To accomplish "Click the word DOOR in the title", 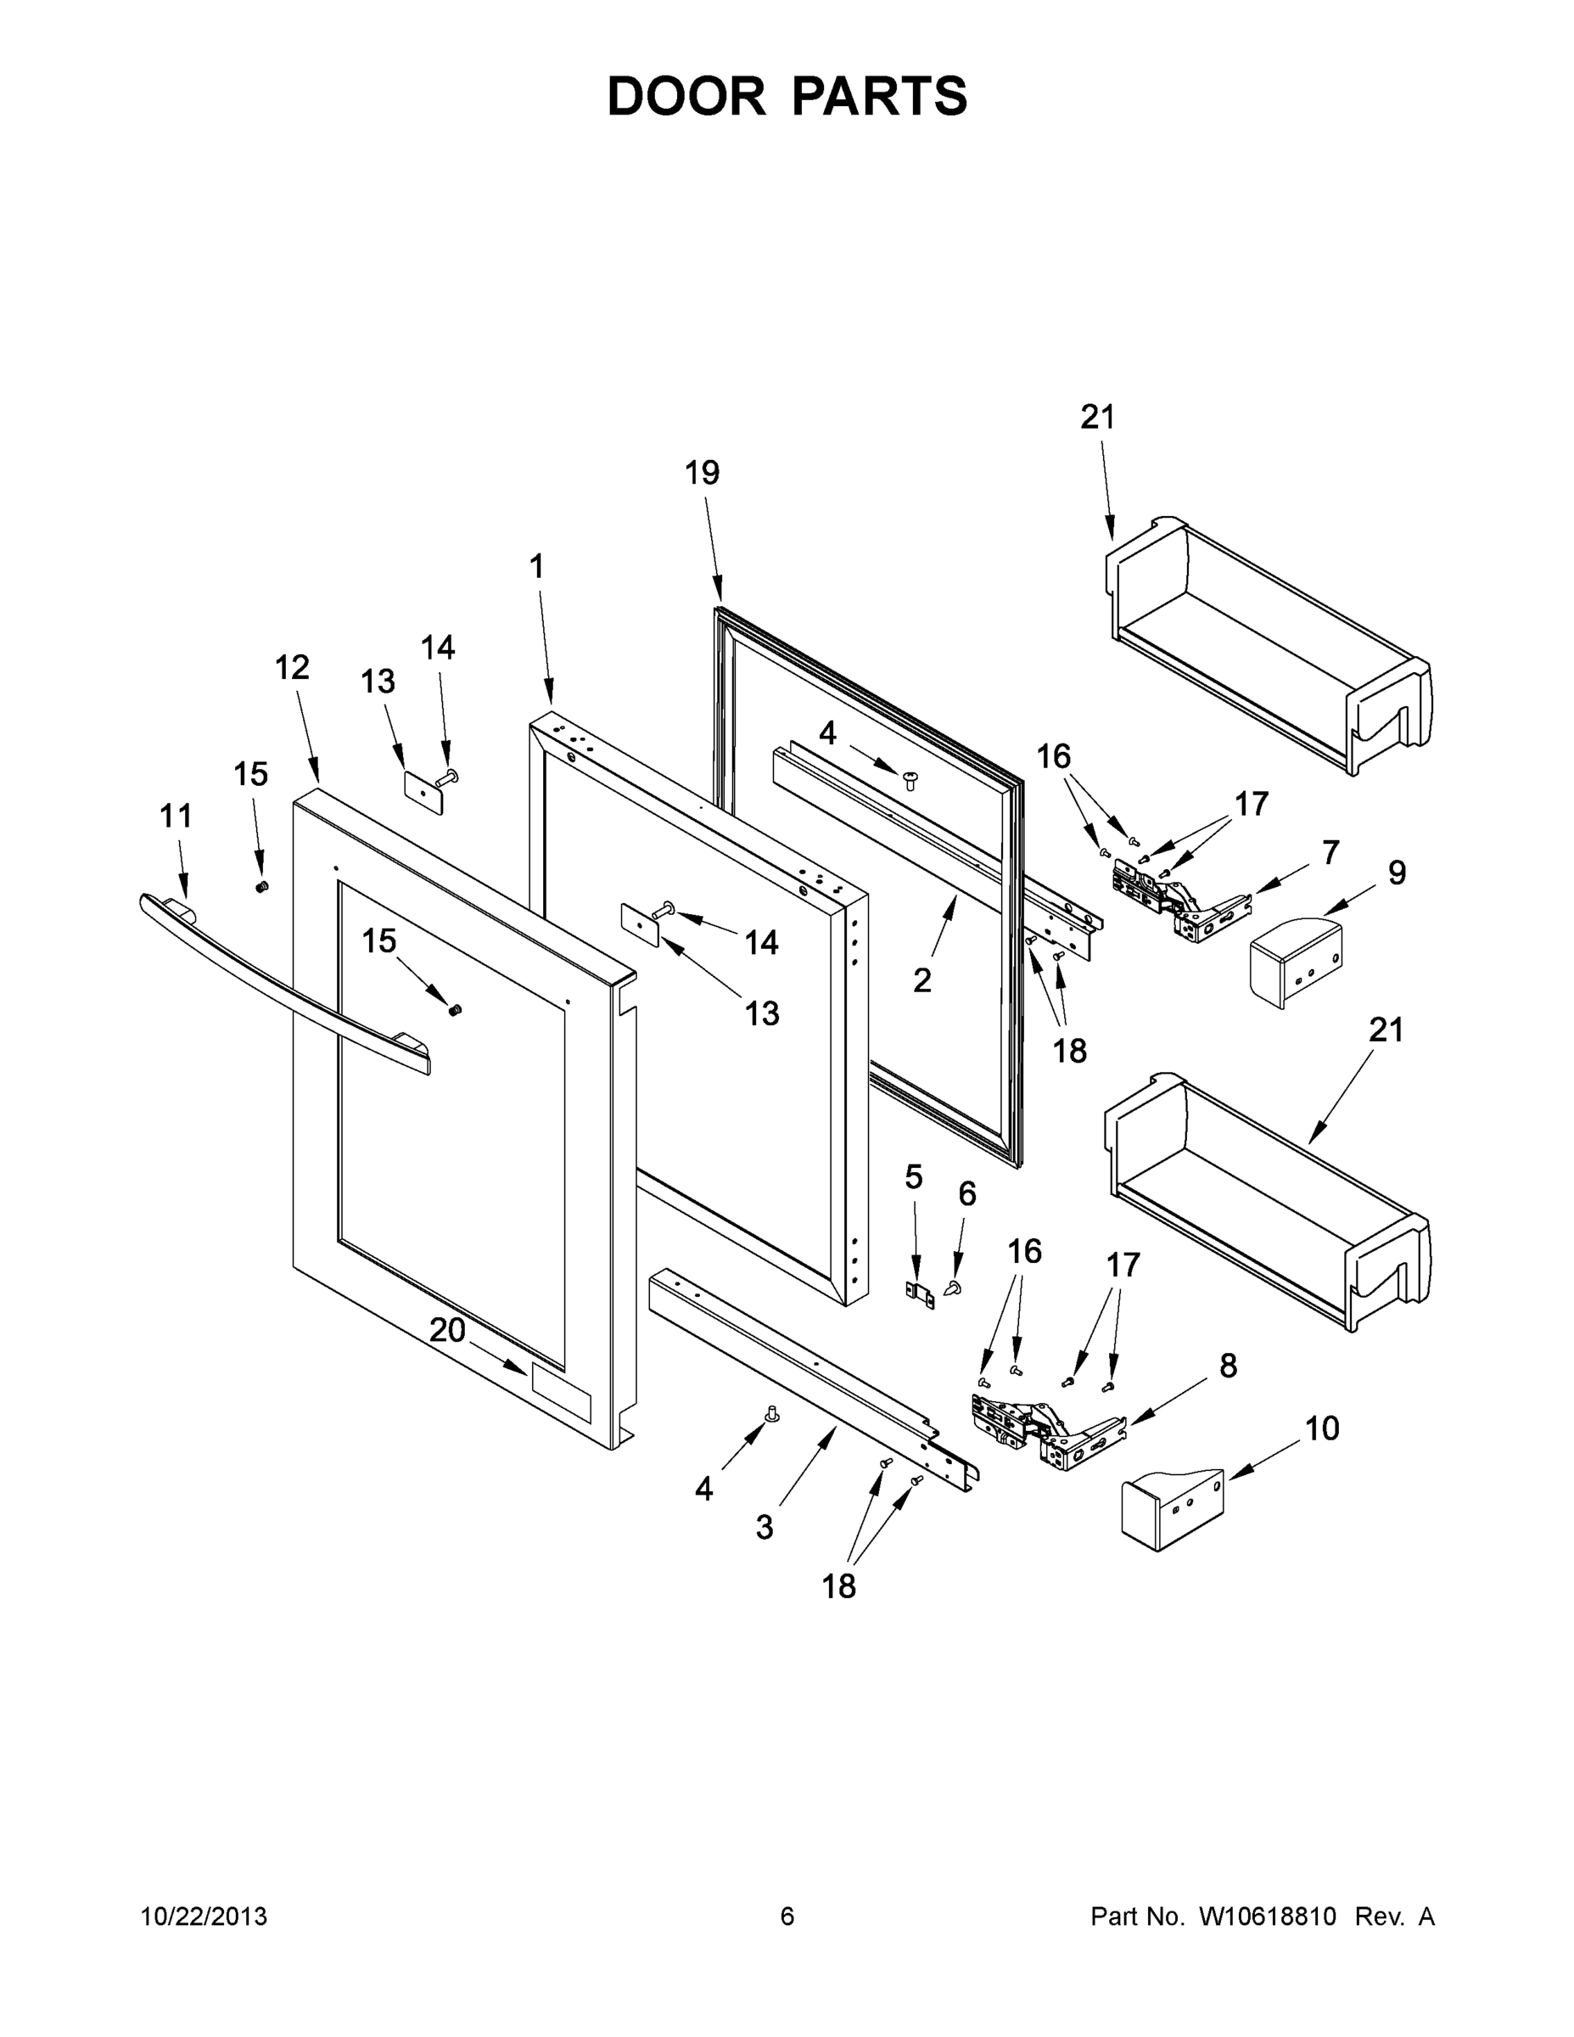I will pyautogui.click(x=686, y=96).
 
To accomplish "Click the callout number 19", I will pyautogui.click(x=702, y=473).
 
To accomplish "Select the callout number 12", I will pyautogui.click(x=291, y=667).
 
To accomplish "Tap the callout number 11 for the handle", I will pyautogui.click(x=176, y=816).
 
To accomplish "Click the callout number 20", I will pyautogui.click(x=446, y=1329).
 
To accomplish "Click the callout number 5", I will pyautogui.click(x=913, y=1177).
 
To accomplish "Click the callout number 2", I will pyautogui.click(x=921, y=980).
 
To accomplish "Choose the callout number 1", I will pyautogui.click(x=536, y=566).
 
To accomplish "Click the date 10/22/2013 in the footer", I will pyautogui.click(x=204, y=1916).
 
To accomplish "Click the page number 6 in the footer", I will pyautogui.click(x=787, y=1916).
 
